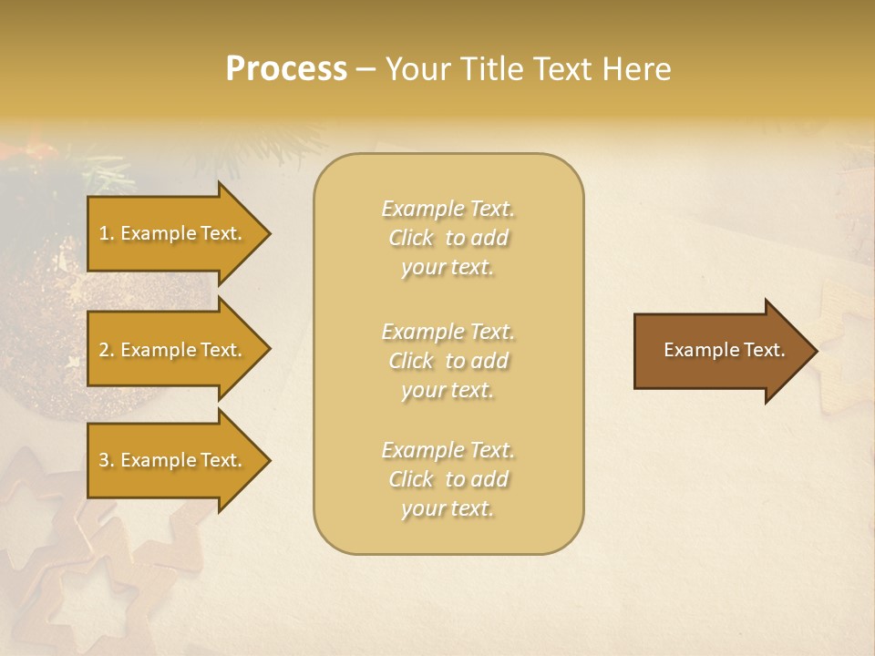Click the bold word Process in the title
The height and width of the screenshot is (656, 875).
(286, 69)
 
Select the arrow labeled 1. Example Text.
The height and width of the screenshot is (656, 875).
(173, 233)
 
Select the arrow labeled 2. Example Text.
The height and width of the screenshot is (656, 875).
(173, 350)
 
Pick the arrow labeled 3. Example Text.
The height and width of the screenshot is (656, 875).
(173, 460)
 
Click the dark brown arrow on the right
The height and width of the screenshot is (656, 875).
(720, 350)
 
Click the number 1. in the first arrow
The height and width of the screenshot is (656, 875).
(107, 233)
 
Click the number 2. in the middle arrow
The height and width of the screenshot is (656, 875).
(107, 350)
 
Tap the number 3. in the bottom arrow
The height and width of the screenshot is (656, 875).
(107, 460)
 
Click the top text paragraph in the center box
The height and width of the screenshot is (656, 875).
(448, 238)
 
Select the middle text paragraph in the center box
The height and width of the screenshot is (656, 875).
(448, 360)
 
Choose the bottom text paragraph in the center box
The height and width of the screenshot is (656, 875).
(448, 479)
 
